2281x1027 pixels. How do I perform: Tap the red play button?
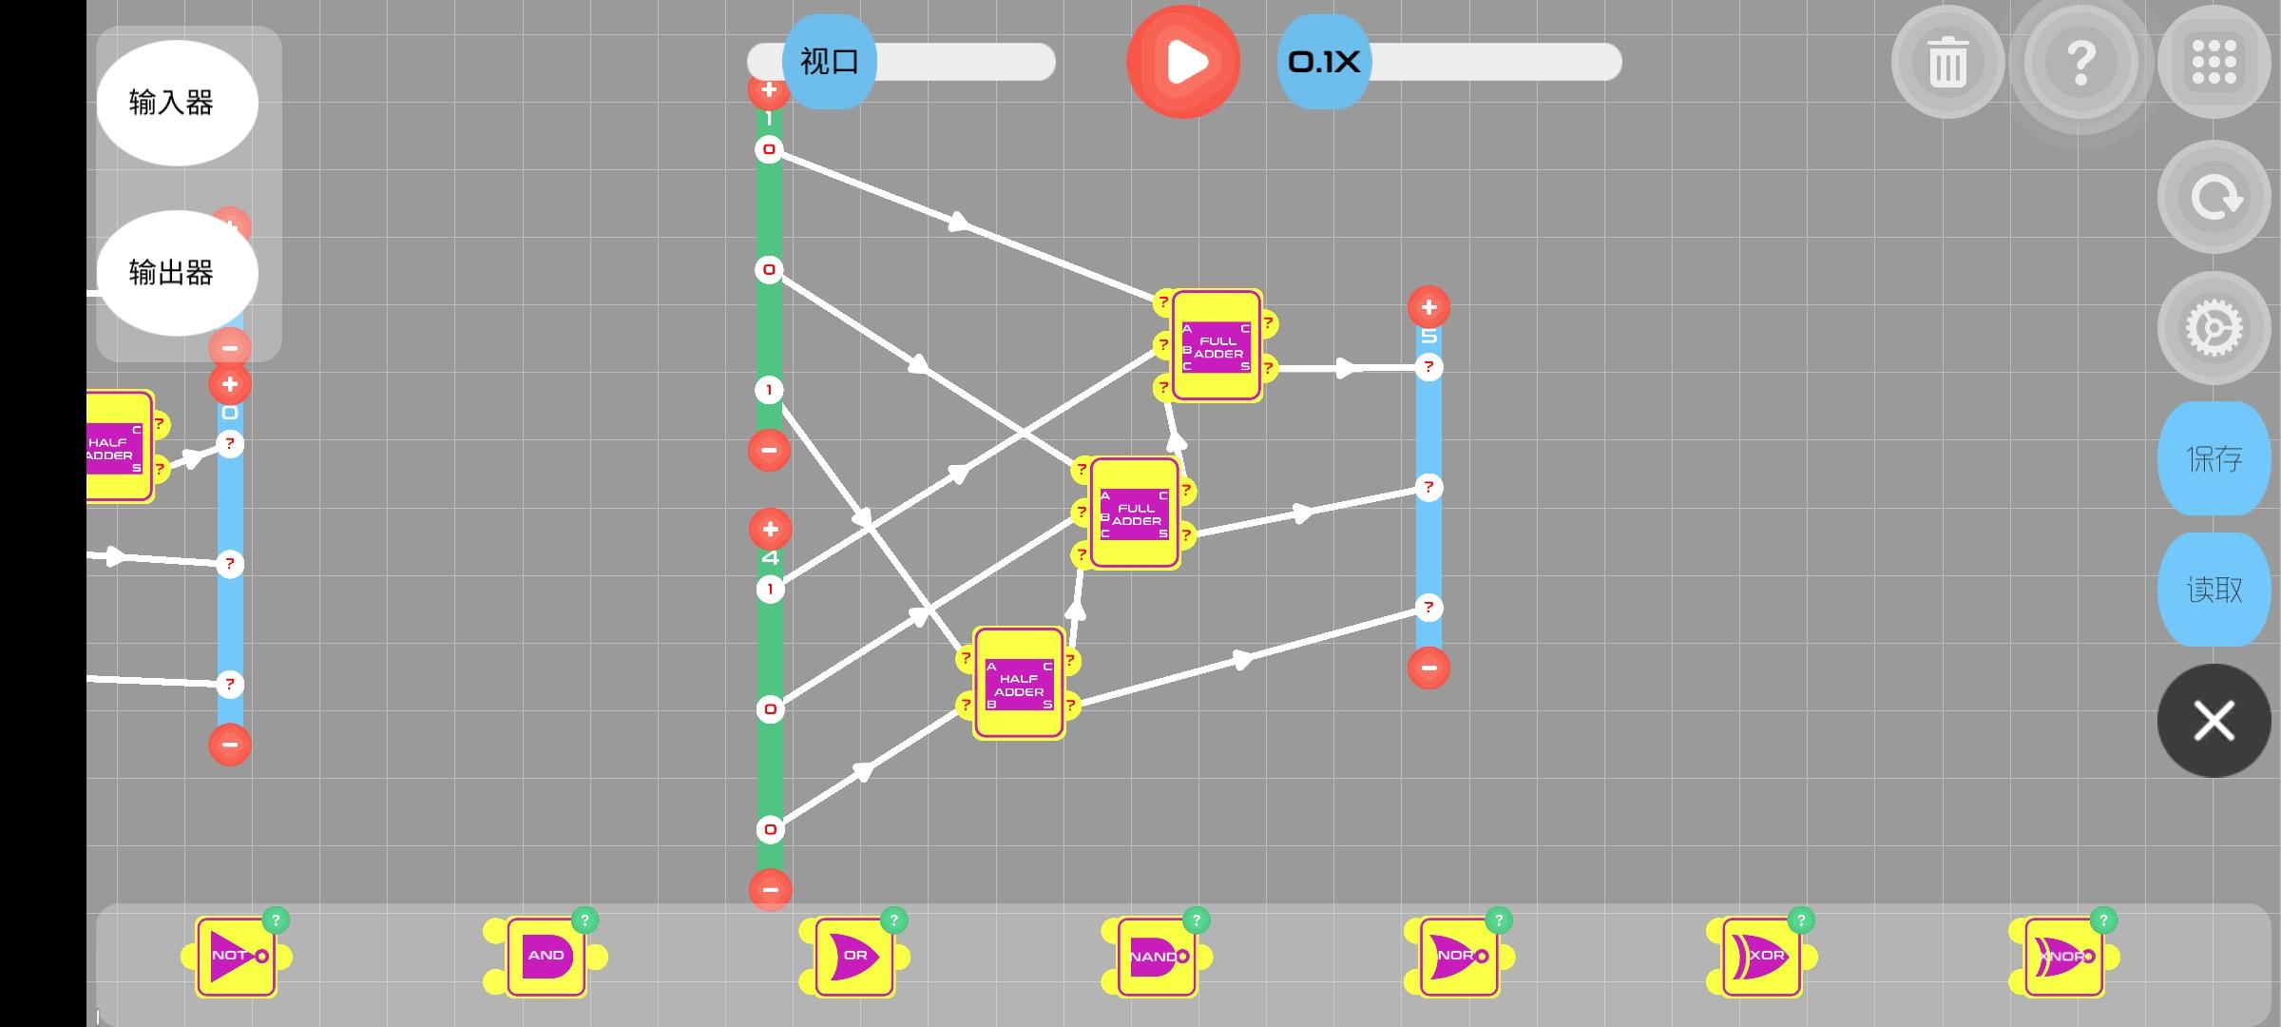[1183, 63]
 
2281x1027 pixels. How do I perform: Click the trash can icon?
[1947, 63]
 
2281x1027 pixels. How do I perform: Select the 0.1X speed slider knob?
[1324, 63]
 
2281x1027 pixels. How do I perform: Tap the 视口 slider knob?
[829, 63]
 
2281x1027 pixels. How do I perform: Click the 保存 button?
[2214, 459]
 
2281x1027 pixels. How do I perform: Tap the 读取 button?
[2214, 590]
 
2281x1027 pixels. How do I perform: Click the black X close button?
[2214, 721]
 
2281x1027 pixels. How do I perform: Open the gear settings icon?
[2214, 328]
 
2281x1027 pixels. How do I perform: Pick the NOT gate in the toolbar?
[236, 957]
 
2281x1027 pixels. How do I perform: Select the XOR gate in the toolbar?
[1761, 957]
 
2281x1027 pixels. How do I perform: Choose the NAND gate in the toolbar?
[1156, 957]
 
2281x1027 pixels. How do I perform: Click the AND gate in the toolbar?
[546, 957]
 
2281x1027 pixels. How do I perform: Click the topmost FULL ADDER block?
[1217, 346]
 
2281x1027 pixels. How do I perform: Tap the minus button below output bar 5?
[1428, 668]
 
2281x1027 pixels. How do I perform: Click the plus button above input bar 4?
[770, 530]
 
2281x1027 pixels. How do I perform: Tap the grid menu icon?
[2214, 63]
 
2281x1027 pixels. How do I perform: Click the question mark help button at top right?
[2080, 63]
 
